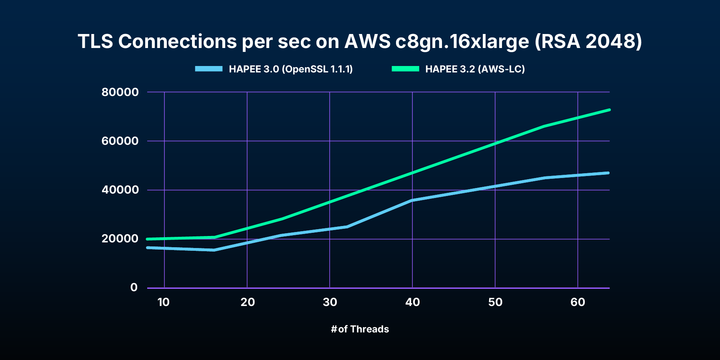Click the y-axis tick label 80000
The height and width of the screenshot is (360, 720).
click(x=120, y=92)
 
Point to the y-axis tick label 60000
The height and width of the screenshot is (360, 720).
click(x=120, y=141)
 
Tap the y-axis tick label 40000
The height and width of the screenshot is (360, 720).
click(x=120, y=190)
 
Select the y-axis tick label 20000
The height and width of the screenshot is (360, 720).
click(x=120, y=239)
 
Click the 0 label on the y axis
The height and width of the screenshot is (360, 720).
click(x=134, y=288)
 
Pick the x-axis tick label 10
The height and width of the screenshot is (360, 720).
click(x=164, y=302)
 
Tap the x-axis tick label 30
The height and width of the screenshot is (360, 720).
click(x=330, y=302)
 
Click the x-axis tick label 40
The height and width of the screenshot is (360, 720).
click(x=412, y=302)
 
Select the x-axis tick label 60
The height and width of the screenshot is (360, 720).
click(x=578, y=302)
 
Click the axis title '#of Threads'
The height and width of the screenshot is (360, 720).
click(x=360, y=329)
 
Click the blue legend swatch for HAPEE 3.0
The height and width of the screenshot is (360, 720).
click(x=208, y=69)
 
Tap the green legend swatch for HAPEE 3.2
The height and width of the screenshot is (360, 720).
click(x=405, y=69)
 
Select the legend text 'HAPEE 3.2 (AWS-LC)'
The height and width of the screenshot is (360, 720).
click(x=475, y=69)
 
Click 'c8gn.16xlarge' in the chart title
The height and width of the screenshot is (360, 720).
click(x=462, y=42)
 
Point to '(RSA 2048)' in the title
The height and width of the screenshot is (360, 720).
click(x=588, y=42)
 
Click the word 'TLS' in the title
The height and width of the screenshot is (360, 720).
click(x=96, y=42)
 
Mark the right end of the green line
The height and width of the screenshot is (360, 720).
click(x=609, y=110)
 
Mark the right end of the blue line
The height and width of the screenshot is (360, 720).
click(x=608, y=173)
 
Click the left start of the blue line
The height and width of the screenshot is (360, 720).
click(x=148, y=248)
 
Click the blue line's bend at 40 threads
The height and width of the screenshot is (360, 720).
click(x=412, y=200)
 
